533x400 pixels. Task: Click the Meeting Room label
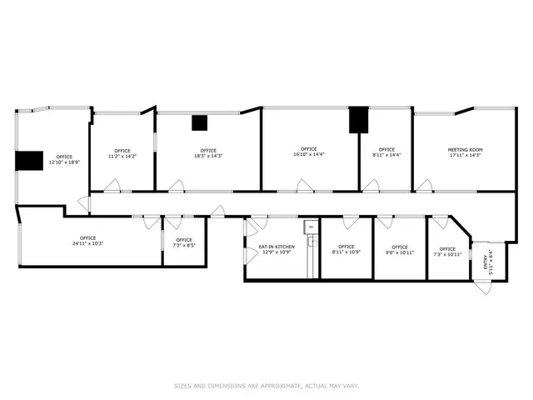click(x=466, y=150)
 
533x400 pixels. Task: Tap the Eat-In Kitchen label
click(x=276, y=247)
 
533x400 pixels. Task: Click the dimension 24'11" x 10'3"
click(x=87, y=243)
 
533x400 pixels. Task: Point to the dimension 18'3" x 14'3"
click(x=208, y=156)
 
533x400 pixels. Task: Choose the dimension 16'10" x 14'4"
click(x=308, y=155)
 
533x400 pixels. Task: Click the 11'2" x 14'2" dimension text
click(x=122, y=156)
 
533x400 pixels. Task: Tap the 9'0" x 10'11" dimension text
click(x=400, y=252)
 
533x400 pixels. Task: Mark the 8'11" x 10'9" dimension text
click(x=346, y=252)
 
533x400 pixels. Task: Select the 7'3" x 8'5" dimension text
click(x=183, y=246)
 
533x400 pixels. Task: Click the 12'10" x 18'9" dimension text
click(x=64, y=162)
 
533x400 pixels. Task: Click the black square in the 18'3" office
click(x=199, y=123)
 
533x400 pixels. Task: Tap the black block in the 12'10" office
click(x=30, y=161)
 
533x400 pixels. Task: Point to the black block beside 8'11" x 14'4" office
click(x=358, y=120)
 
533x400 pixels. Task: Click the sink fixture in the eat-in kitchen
click(x=310, y=242)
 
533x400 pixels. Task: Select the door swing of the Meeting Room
click(x=425, y=185)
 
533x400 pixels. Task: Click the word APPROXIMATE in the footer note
click(x=283, y=386)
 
